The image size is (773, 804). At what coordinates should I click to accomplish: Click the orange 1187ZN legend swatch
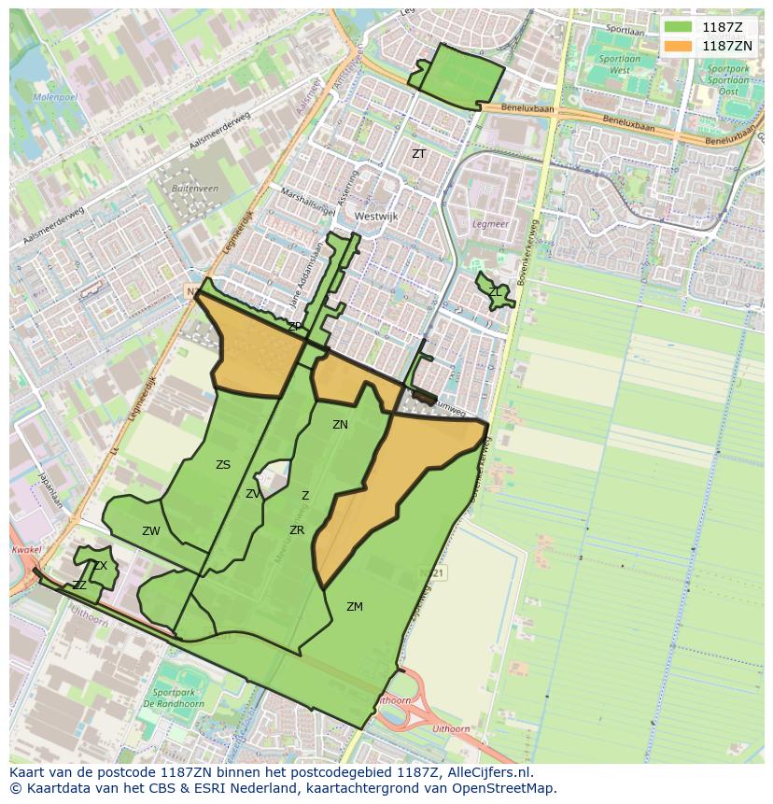(x=678, y=45)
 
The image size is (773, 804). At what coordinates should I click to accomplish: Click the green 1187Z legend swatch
(x=678, y=27)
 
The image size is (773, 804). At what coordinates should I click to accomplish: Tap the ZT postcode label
(x=418, y=153)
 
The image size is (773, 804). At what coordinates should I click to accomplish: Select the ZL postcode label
(x=494, y=292)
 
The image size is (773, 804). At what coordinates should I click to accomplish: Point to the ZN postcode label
(x=340, y=424)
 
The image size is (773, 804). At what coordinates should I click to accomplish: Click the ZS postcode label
(x=222, y=464)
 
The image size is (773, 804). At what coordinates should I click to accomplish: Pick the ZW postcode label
(x=150, y=530)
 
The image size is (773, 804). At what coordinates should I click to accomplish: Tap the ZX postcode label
(x=100, y=566)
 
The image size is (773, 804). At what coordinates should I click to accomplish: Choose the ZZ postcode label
(x=79, y=585)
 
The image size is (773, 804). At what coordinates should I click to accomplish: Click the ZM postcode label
(x=354, y=606)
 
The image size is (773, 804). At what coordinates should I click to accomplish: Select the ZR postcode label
(x=297, y=529)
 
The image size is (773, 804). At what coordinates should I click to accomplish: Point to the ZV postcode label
(x=252, y=493)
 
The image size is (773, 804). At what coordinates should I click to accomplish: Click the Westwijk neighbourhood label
(x=375, y=216)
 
